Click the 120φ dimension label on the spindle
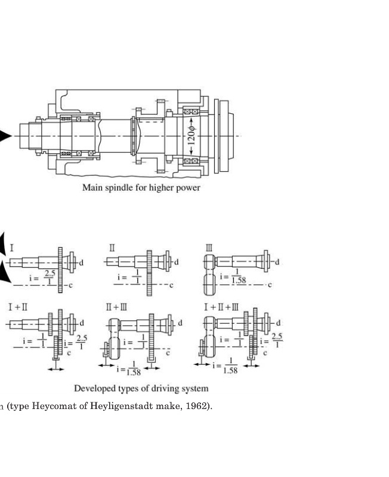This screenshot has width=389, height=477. point(191,136)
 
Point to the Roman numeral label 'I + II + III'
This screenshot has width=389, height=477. point(221,307)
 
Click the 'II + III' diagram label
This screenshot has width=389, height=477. point(116,307)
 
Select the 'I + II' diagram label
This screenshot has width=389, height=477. point(18,307)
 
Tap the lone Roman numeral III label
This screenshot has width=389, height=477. point(209,248)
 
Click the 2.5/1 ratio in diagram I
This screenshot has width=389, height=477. point(50,277)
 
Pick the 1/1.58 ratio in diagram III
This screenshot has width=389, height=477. point(238,276)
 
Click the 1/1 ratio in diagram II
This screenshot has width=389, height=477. point(137,276)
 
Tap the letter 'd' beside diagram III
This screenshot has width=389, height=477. point(277,262)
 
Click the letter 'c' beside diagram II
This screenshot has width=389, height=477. point(171,286)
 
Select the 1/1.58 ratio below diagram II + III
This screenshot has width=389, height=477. point(134,368)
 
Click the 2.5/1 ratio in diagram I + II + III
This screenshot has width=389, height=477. point(277,340)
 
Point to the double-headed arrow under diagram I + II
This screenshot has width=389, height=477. point(56,369)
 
